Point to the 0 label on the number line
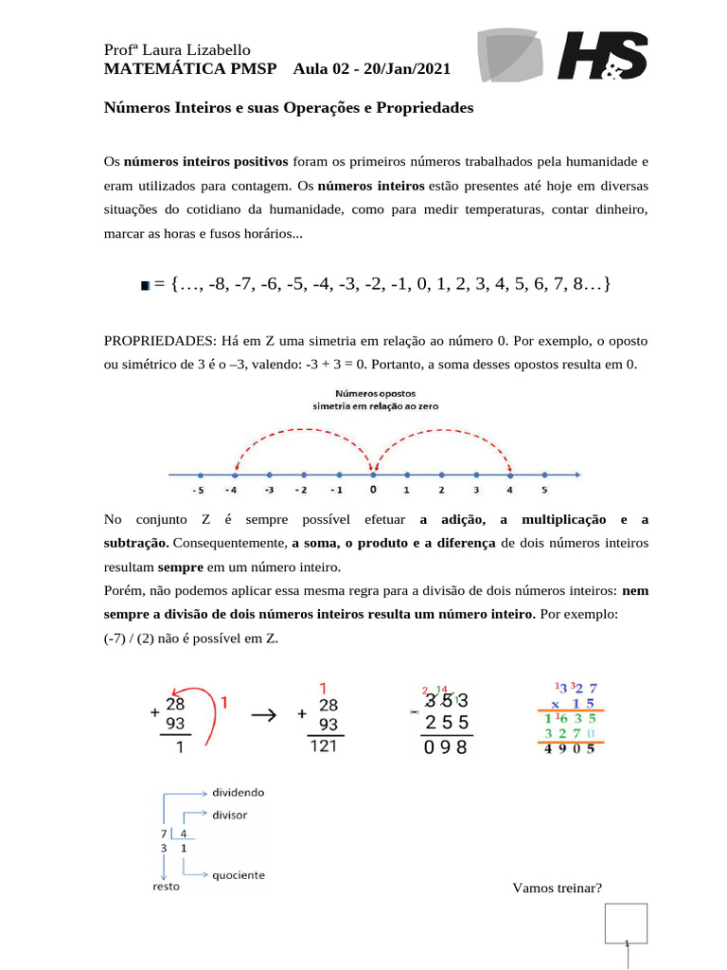click(x=373, y=491)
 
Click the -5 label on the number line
click(x=197, y=491)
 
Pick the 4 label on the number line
click(x=509, y=491)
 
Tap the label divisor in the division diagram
click(x=231, y=814)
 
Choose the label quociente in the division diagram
click(x=238, y=874)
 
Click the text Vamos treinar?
click(x=558, y=888)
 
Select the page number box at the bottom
click(x=626, y=924)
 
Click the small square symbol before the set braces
click(x=145, y=284)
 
